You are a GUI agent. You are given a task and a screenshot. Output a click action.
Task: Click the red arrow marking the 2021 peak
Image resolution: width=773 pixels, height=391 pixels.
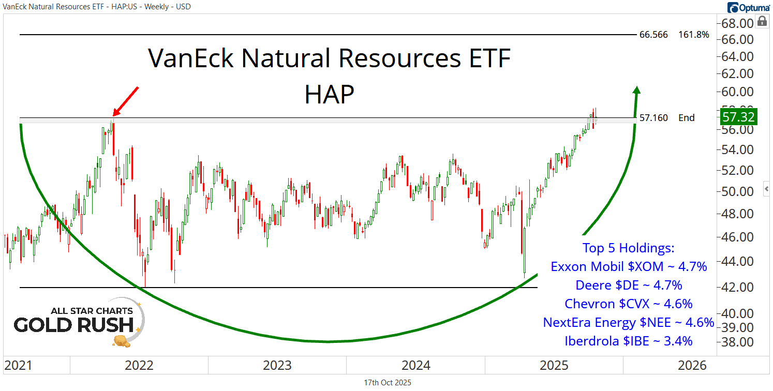point(126,101)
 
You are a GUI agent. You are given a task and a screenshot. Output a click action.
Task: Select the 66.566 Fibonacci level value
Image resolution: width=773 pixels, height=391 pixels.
point(653,35)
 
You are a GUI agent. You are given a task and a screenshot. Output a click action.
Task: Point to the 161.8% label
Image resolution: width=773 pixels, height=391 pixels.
point(693,35)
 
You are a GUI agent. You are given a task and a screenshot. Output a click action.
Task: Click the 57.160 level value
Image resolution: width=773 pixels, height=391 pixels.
point(653,118)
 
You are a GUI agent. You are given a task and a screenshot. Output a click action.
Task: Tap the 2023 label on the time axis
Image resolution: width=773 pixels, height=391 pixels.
point(277,366)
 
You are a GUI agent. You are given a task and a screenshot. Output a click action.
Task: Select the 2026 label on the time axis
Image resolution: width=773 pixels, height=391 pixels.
point(692,366)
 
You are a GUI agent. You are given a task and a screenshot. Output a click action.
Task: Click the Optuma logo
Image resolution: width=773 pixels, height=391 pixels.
point(748,7)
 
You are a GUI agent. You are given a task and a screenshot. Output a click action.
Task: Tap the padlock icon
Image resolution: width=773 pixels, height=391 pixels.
point(762,21)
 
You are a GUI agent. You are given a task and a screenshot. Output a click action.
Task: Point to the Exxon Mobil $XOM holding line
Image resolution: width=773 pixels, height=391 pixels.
point(629,267)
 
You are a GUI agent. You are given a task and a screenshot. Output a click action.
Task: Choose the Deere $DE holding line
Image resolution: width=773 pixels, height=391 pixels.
point(629,285)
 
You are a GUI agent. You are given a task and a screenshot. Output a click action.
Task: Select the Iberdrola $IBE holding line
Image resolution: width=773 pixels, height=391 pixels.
point(629,341)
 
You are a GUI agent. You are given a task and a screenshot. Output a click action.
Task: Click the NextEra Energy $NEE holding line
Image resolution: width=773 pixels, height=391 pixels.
point(628,322)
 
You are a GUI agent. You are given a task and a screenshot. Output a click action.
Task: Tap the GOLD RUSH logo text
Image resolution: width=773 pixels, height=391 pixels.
point(73,325)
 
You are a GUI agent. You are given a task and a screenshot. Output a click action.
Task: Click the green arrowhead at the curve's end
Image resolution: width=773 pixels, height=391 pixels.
point(636,91)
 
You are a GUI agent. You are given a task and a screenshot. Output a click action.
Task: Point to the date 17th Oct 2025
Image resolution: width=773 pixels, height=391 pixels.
point(388,383)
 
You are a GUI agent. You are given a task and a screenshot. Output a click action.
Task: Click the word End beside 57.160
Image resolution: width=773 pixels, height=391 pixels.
point(687,118)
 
